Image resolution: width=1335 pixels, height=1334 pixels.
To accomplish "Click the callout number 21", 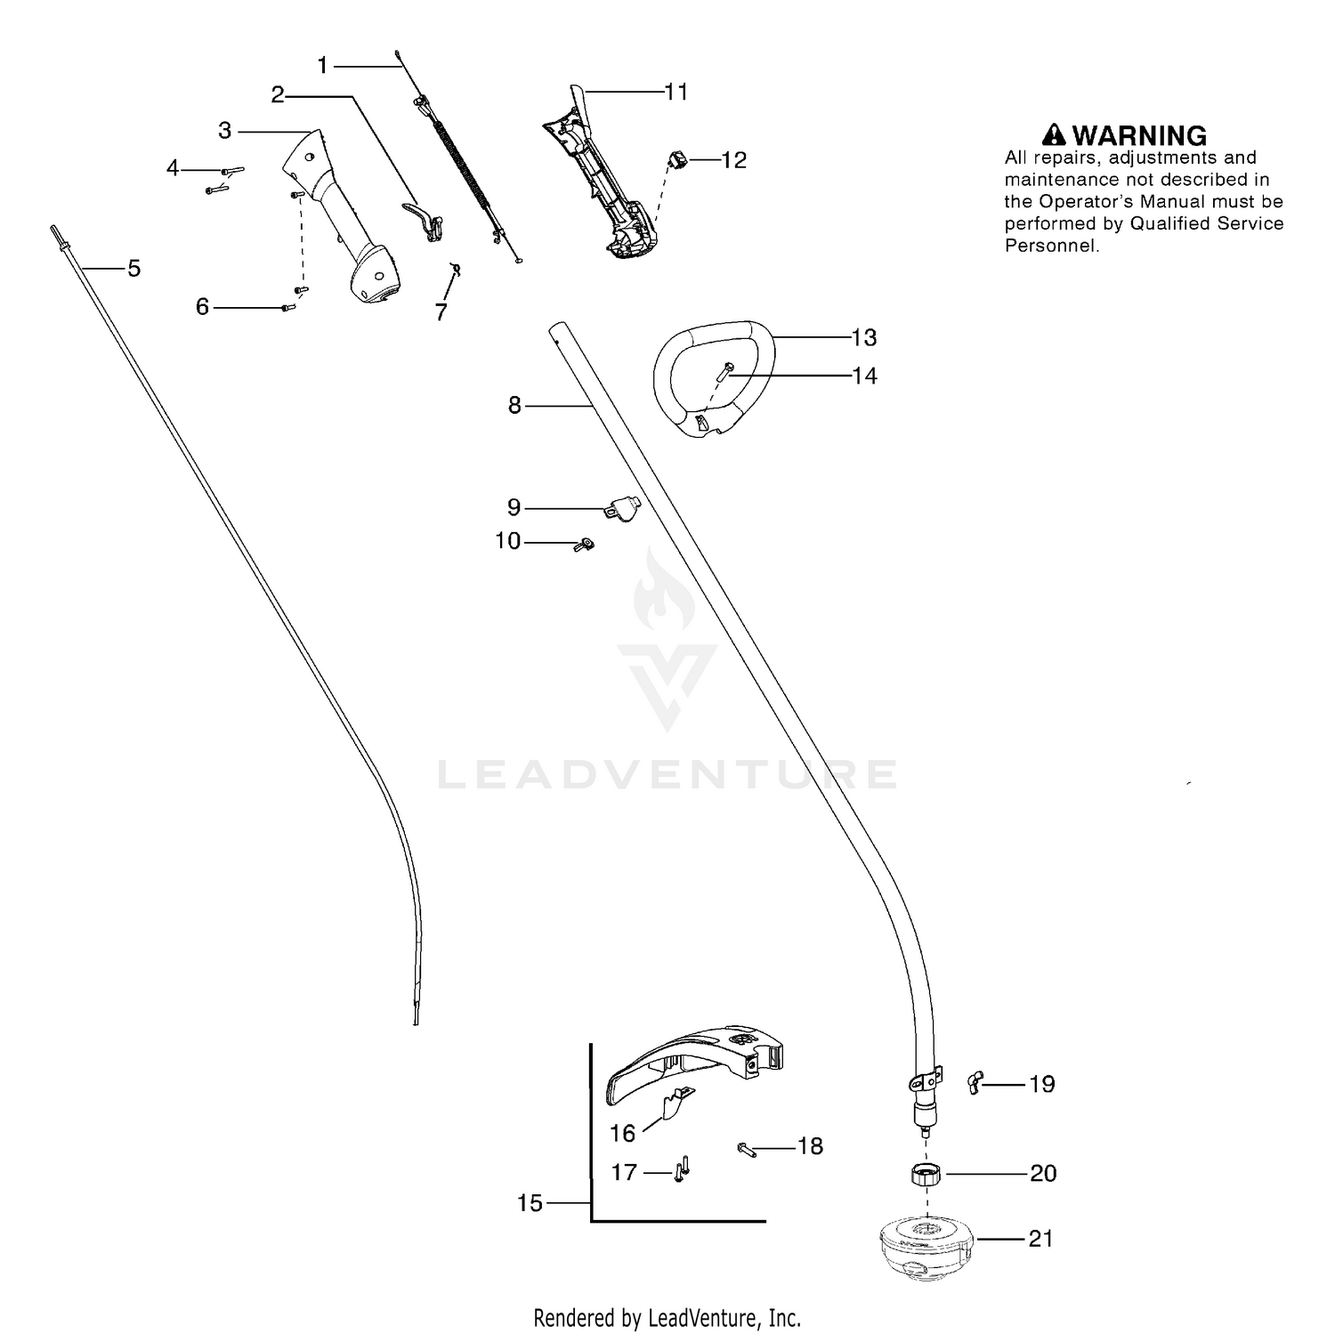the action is tap(1040, 1238).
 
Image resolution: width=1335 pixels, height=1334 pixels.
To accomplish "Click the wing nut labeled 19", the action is tap(975, 1084).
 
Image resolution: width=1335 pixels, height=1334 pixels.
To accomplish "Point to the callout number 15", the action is tap(530, 1203).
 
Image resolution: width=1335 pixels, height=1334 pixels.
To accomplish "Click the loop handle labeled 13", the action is tap(712, 378).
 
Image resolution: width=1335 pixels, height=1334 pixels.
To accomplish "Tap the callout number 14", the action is tap(864, 376).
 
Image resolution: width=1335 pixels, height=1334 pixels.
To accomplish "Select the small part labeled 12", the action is tap(678, 162).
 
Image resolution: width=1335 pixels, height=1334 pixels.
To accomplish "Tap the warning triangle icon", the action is tap(1055, 134).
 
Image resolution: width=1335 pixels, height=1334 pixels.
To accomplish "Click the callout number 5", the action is tap(133, 268).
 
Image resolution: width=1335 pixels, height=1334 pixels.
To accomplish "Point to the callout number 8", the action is tap(514, 405).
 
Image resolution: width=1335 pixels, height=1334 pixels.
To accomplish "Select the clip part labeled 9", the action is tap(625, 508).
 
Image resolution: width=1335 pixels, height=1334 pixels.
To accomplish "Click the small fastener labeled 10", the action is tap(585, 545).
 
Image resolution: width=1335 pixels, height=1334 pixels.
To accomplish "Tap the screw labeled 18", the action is tap(746, 1149).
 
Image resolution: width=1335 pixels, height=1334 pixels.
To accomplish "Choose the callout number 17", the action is tap(624, 1172).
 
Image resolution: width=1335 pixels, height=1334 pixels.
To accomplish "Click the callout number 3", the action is tap(224, 131).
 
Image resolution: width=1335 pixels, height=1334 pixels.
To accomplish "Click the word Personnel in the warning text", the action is tap(1051, 246).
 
